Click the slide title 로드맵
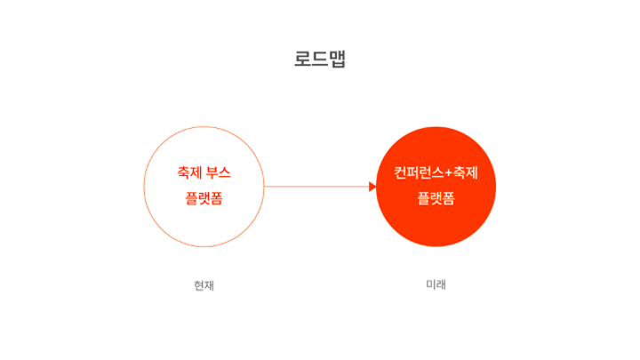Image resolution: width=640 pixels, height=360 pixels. pos(320,60)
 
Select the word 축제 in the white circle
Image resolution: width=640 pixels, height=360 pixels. pos(189,172)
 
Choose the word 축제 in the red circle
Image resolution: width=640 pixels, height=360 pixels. pos(466,172)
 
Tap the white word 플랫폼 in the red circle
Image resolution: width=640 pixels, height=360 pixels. pos(436,198)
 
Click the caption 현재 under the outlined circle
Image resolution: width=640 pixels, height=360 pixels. pos(204,286)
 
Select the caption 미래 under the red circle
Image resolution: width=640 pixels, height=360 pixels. pos(436,285)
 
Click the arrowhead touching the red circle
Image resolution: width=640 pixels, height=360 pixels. pos(372,187)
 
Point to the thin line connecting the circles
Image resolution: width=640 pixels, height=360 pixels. pos(316,187)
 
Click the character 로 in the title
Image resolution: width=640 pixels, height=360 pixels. pos(303,60)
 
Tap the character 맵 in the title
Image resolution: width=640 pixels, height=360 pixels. pos(337,60)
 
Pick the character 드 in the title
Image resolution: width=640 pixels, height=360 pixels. pos(320,60)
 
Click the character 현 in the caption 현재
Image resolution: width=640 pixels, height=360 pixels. pos(199,286)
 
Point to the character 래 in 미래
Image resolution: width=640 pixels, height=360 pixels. pos(441,285)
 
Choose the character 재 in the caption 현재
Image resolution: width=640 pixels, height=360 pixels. pos(210,286)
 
